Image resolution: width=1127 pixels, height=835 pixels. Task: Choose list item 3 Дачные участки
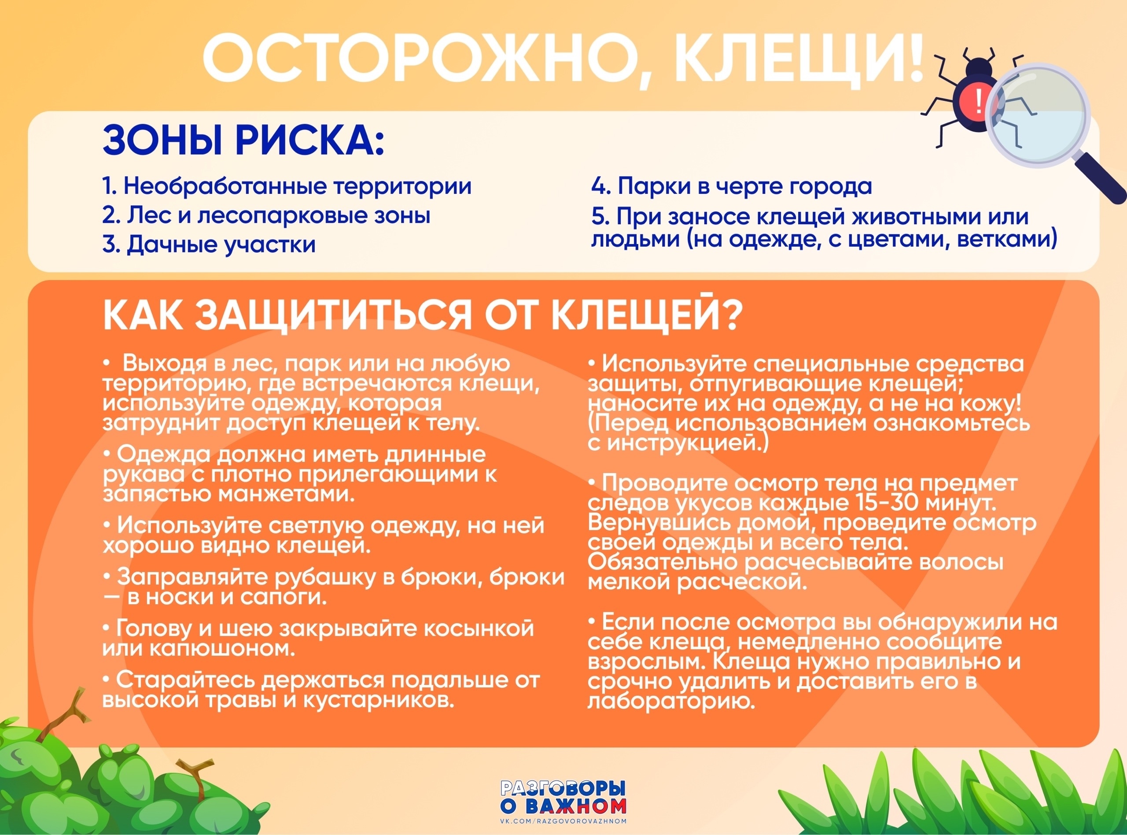tap(209, 244)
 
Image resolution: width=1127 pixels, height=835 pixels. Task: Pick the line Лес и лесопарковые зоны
tap(266, 216)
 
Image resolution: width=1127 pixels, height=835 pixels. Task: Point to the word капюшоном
tap(223, 648)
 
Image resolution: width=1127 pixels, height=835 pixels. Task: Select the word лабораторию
tap(671, 702)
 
